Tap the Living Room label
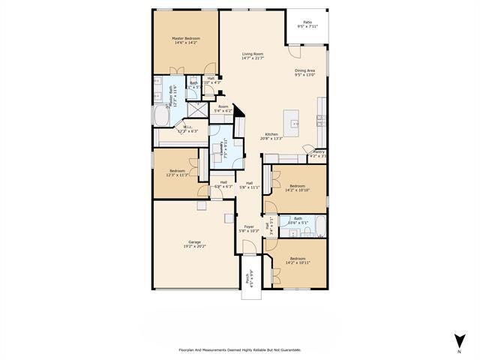(x=252, y=54)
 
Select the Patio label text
(x=307, y=22)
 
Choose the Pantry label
(x=319, y=152)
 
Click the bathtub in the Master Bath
(x=161, y=116)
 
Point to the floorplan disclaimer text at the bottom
(x=239, y=349)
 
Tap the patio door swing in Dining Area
(x=295, y=53)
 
